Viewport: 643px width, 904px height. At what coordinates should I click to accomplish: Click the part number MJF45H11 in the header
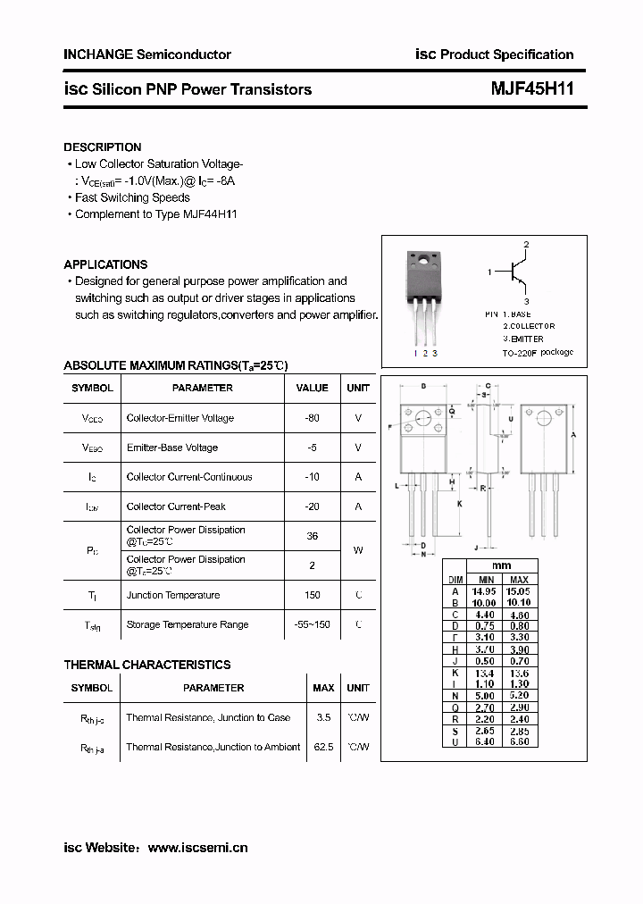[532, 89]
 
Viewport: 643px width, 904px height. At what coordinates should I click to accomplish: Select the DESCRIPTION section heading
[103, 147]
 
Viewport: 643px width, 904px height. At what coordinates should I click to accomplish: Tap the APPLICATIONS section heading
[105, 264]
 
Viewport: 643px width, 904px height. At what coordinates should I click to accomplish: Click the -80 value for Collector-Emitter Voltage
[312, 418]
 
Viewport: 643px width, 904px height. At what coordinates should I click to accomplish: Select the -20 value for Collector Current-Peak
[312, 506]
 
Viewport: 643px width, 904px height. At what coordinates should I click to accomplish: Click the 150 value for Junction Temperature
[312, 595]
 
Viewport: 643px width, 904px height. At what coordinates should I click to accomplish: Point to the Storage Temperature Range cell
[188, 624]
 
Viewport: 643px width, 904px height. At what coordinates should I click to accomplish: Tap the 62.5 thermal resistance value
[323, 747]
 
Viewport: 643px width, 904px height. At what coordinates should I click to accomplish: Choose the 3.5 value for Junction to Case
[323, 717]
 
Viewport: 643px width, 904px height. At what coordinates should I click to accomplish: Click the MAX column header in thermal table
[323, 688]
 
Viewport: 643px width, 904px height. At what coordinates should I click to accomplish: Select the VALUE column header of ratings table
[312, 388]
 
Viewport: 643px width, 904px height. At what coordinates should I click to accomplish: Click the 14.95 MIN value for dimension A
[482, 591]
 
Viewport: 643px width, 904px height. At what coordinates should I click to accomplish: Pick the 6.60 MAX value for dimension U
[519, 741]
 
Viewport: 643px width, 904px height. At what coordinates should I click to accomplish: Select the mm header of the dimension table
[501, 566]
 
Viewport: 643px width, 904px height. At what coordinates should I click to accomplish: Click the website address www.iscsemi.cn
[196, 848]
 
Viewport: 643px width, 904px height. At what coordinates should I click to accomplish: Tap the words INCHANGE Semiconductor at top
[147, 54]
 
